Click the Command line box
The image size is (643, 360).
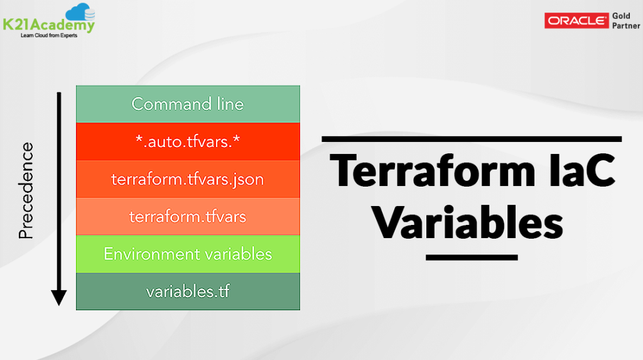click(187, 104)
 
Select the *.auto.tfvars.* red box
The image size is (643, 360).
click(187, 141)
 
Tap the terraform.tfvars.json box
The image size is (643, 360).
click(187, 179)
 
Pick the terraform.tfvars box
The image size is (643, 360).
click(187, 217)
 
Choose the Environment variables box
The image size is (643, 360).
click(187, 254)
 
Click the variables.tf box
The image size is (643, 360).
click(187, 292)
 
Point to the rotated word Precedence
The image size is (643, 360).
click(26, 190)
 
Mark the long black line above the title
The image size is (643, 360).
click(472, 138)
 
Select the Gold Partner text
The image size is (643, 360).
click(625, 21)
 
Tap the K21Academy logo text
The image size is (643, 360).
click(48, 25)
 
